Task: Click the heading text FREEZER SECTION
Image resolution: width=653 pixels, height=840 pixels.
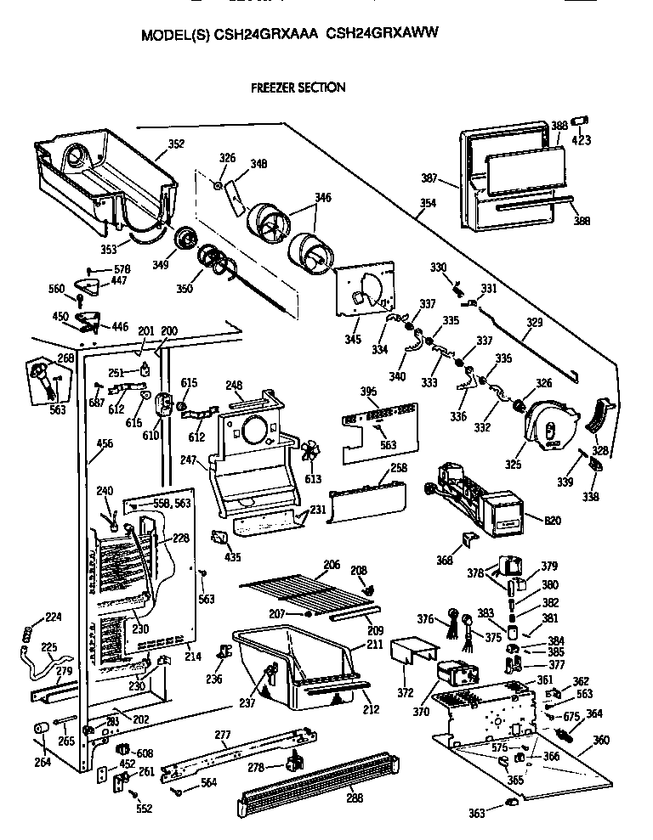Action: (x=297, y=87)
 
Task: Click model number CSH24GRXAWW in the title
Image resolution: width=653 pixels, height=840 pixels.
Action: (x=383, y=36)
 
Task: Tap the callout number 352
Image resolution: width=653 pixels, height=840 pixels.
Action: (x=175, y=144)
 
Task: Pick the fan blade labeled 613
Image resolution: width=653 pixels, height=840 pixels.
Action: (x=313, y=453)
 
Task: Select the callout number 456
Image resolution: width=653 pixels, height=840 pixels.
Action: (x=105, y=443)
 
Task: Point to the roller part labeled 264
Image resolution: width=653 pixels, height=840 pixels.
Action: (x=39, y=730)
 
